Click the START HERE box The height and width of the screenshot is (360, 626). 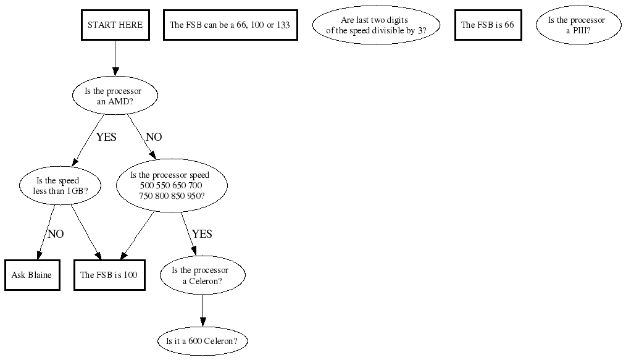click(x=115, y=25)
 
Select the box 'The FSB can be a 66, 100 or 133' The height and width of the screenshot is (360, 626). click(x=230, y=25)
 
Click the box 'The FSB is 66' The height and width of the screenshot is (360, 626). click(x=488, y=25)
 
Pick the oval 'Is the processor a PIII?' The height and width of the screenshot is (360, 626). click(x=576, y=25)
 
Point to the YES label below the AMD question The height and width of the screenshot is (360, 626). click(x=106, y=137)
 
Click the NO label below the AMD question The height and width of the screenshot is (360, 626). click(x=153, y=137)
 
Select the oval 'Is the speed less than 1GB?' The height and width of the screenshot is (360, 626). click(x=57, y=186)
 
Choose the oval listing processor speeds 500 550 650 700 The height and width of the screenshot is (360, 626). click(x=172, y=185)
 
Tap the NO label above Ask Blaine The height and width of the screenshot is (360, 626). click(x=56, y=234)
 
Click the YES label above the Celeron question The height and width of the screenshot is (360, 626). click(x=202, y=234)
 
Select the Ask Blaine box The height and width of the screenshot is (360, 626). click(x=32, y=275)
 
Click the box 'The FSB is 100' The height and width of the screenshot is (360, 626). click(x=109, y=275)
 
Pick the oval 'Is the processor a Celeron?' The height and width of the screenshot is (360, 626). click(x=202, y=275)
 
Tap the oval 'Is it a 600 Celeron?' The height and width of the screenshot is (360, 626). click(x=202, y=341)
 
